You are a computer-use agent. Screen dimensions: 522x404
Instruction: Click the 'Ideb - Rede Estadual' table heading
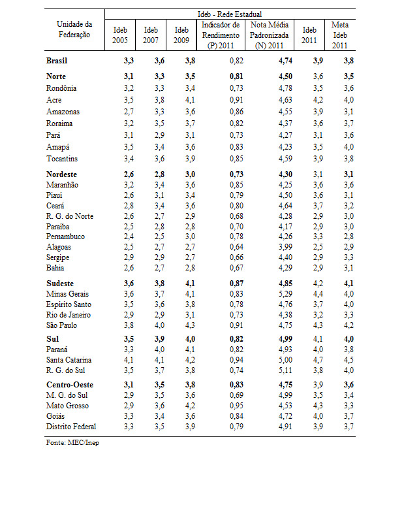tap(230, 14)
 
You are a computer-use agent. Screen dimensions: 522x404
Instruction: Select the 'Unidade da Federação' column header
tap(74, 29)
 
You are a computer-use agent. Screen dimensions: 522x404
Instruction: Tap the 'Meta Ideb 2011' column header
tap(339, 35)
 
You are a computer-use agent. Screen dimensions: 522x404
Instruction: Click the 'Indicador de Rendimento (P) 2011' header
tap(221, 35)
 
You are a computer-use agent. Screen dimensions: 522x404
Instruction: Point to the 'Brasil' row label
tap(57, 61)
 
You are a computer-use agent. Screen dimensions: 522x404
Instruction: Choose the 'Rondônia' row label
tap(61, 88)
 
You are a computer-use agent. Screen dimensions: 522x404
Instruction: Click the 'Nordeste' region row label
tap(62, 174)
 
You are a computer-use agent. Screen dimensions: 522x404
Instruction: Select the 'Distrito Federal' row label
tap(71, 427)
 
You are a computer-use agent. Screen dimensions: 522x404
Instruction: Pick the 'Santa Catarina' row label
tap(69, 360)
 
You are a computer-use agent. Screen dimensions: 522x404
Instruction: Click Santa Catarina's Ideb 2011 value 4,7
tap(310, 360)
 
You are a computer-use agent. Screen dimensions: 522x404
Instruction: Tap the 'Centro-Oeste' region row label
tap(69, 385)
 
